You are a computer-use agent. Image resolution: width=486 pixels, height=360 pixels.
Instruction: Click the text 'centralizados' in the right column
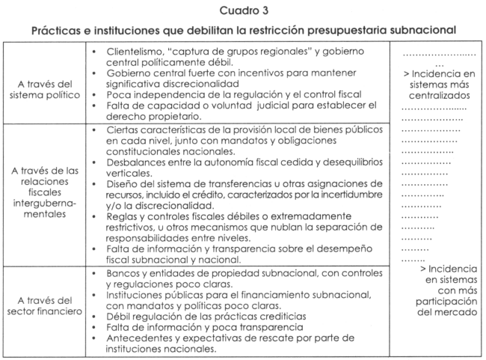pyautogui.click(x=434, y=96)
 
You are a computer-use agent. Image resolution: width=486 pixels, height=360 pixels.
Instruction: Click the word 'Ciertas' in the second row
pyautogui.click(x=119, y=130)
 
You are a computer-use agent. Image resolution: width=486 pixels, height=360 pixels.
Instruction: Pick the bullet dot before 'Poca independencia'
pyautogui.click(x=92, y=95)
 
